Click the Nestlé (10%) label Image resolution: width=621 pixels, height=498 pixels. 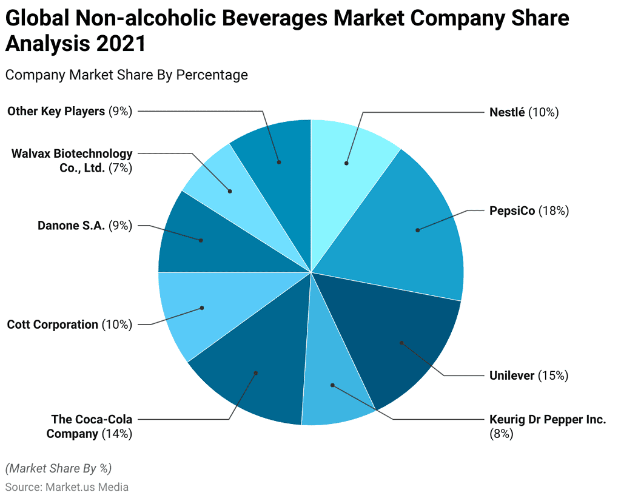pos(523,112)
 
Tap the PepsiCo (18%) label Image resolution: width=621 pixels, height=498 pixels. pos(528,211)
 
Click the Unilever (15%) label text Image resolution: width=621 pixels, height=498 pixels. pos(528,375)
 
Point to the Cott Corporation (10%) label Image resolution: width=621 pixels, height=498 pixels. pos(69,325)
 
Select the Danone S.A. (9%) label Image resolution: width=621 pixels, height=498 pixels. pos(85,226)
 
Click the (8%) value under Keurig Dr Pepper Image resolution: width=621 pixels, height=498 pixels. pos(501,434)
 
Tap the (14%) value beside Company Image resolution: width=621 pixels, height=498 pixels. pos(116,434)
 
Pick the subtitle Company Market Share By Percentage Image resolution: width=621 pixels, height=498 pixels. pos(126,75)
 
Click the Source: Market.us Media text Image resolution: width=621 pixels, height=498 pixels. pos(67,486)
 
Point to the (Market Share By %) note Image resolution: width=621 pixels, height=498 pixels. pos(58,468)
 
